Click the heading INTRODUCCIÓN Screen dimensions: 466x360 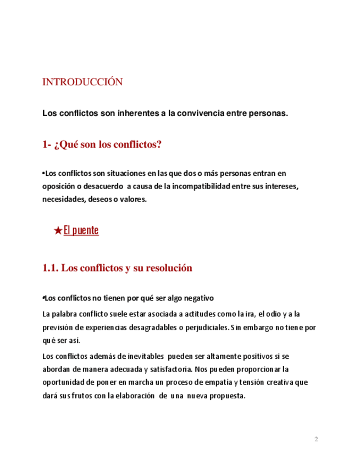(x=82, y=82)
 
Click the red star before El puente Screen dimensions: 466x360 (x=58, y=231)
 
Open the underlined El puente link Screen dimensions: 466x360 (x=81, y=231)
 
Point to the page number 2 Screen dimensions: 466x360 (x=316, y=440)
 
